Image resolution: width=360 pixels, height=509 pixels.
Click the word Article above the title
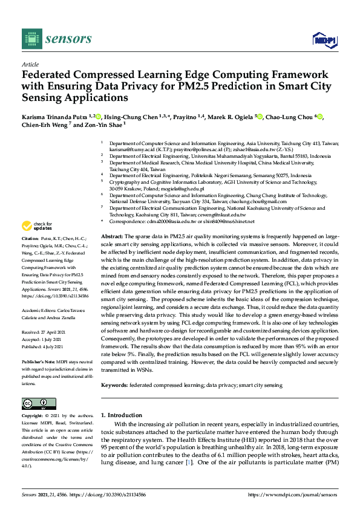tap(30, 64)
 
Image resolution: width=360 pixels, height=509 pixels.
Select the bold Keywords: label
tap(116, 385)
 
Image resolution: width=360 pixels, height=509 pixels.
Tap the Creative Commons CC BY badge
tap(34, 404)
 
